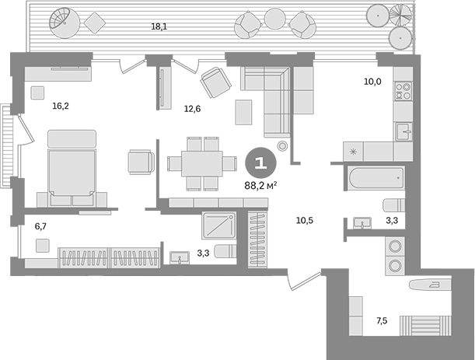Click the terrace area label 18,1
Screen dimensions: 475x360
(x=159, y=26)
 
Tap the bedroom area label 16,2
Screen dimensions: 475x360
(x=61, y=106)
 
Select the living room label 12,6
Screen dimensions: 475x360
(x=192, y=109)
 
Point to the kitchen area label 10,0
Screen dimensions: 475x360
(x=372, y=82)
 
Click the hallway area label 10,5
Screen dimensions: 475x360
(x=305, y=221)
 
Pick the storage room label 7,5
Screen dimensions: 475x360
(x=382, y=320)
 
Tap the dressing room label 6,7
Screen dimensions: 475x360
(x=40, y=226)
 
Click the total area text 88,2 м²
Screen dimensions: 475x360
(x=261, y=186)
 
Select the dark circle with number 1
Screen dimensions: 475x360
(x=260, y=163)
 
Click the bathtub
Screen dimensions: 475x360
(x=376, y=178)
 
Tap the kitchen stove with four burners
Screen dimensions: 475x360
(x=403, y=91)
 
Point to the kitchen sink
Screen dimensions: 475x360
(x=403, y=131)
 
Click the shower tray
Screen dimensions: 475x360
(x=219, y=225)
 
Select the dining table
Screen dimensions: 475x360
(x=202, y=163)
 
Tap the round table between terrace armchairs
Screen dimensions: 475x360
(x=275, y=19)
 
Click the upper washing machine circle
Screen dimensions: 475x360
(x=395, y=246)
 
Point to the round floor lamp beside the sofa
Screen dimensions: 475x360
(x=282, y=146)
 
